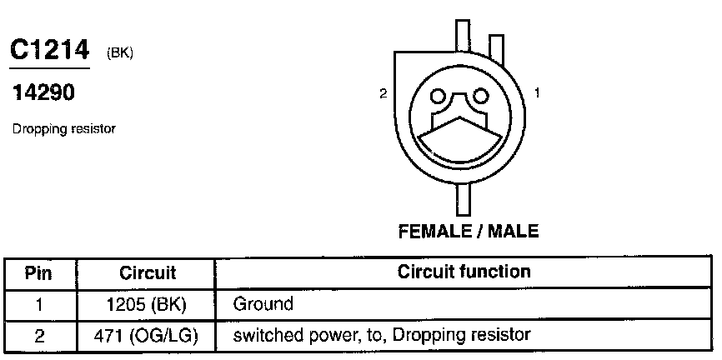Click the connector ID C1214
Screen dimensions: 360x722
tap(48, 50)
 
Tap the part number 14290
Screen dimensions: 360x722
tap(43, 94)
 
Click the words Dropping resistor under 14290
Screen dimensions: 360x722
tap(63, 129)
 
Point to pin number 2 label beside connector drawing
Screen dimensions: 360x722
tap(383, 93)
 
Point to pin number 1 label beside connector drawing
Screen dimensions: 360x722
tap(537, 93)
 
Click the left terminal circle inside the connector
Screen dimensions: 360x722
tap(438, 97)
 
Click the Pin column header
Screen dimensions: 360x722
tap(38, 272)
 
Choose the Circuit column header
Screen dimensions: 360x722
tap(148, 272)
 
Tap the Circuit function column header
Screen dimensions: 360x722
tap(464, 272)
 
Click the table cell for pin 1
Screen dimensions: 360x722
tap(38, 304)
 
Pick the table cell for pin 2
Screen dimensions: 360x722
tap(38, 336)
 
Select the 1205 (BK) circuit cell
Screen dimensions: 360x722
tap(148, 304)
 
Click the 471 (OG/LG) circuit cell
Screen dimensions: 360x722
tap(148, 336)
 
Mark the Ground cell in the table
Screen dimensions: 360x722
tap(263, 304)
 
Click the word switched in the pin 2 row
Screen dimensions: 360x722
tap(266, 336)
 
